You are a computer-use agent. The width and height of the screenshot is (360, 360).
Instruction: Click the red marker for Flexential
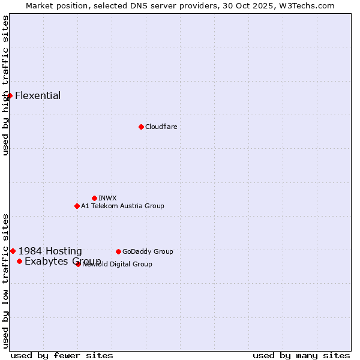tap(10, 95)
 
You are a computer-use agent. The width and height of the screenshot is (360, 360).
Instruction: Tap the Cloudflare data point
tap(141, 127)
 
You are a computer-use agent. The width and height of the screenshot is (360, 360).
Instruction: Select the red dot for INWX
tap(94, 198)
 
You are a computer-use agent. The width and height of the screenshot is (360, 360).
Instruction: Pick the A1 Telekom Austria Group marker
tap(77, 206)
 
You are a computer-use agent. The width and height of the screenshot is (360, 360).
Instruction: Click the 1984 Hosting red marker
tap(13, 251)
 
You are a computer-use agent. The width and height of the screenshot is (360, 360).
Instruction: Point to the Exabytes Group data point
tap(19, 261)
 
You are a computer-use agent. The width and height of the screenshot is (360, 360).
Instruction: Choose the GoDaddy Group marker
tap(118, 251)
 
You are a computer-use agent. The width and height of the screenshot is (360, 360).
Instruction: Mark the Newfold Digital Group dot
tap(78, 264)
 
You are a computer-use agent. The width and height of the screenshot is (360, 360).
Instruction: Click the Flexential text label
tap(38, 95)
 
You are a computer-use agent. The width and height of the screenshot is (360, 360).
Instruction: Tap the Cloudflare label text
tap(161, 127)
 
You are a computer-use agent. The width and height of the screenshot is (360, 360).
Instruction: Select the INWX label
tap(107, 198)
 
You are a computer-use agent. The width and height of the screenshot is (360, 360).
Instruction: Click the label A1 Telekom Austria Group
tap(122, 206)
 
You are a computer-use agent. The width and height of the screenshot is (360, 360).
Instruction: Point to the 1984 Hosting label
tap(50, 251)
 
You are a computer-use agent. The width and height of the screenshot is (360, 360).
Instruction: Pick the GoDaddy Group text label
tap(148, 251)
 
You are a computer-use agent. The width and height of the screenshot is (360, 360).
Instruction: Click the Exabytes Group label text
tap(62, 261)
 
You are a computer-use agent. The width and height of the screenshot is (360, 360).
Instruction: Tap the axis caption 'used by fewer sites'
tap(62, 355)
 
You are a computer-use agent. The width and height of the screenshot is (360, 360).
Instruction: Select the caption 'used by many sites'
tap(301, 355)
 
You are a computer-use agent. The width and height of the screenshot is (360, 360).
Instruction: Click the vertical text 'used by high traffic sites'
tap(5, 85)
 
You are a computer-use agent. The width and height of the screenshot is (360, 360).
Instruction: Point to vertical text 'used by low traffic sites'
tap(5, 281)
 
